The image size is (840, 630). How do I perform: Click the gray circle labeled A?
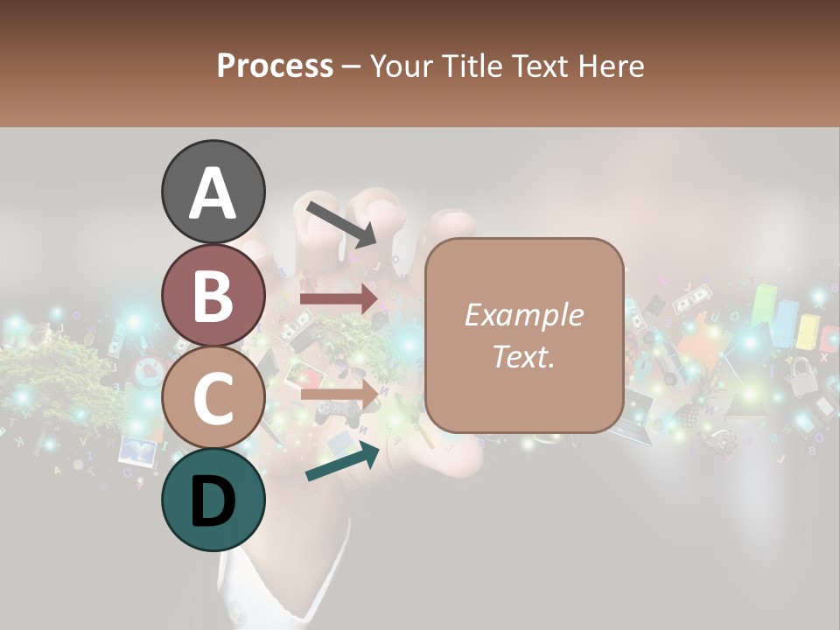coord(213,192)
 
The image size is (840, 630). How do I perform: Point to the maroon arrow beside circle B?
coord(339,299)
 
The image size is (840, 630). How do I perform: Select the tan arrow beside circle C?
coord(339,393)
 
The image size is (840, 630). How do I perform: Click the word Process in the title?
coord(275,66)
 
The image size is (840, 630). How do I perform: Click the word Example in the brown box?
coord(523,315)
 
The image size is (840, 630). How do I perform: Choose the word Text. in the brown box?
coord(523,356)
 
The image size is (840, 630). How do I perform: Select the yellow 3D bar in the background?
coord(807,330)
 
